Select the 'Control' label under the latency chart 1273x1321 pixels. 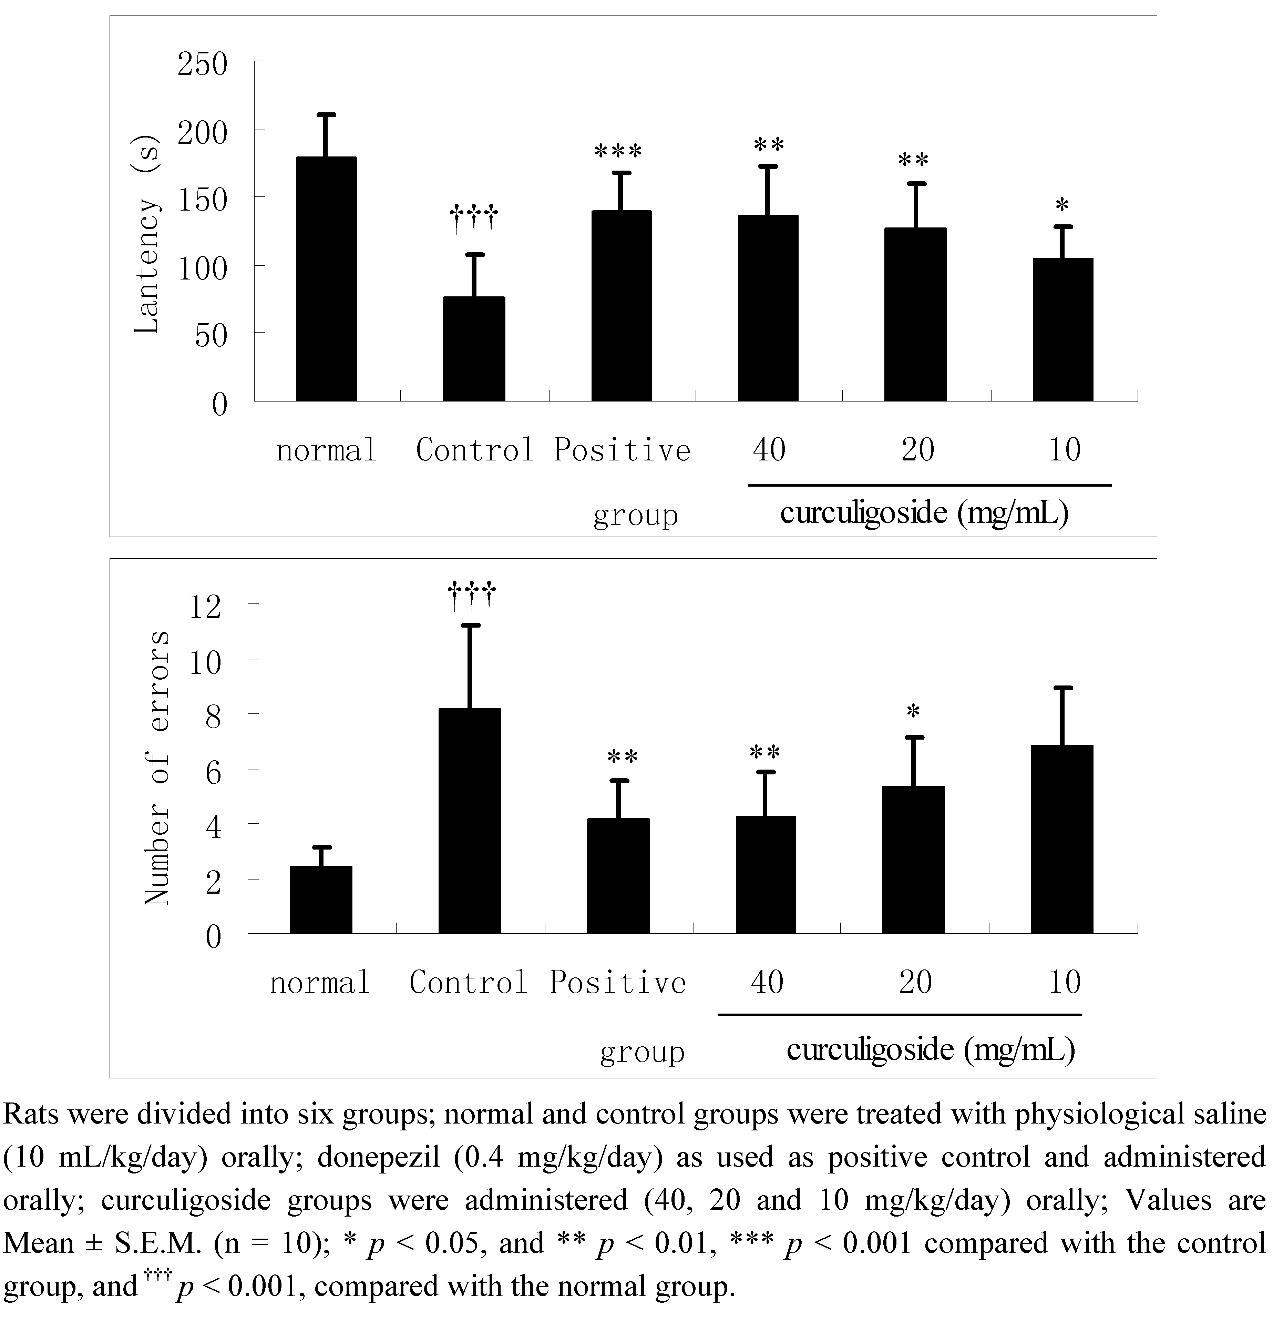(x=474, y=449)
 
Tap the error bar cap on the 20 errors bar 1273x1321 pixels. (x=914, y=737)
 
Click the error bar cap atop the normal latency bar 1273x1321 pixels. (x=326, y=114)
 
